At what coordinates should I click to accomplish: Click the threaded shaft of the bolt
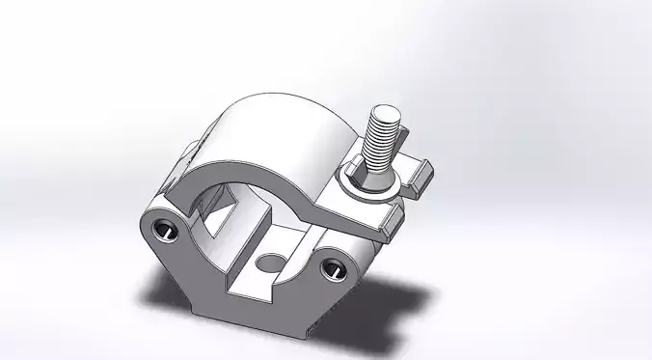tap(383, 136)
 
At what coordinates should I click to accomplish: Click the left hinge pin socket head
tap(162, 229)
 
